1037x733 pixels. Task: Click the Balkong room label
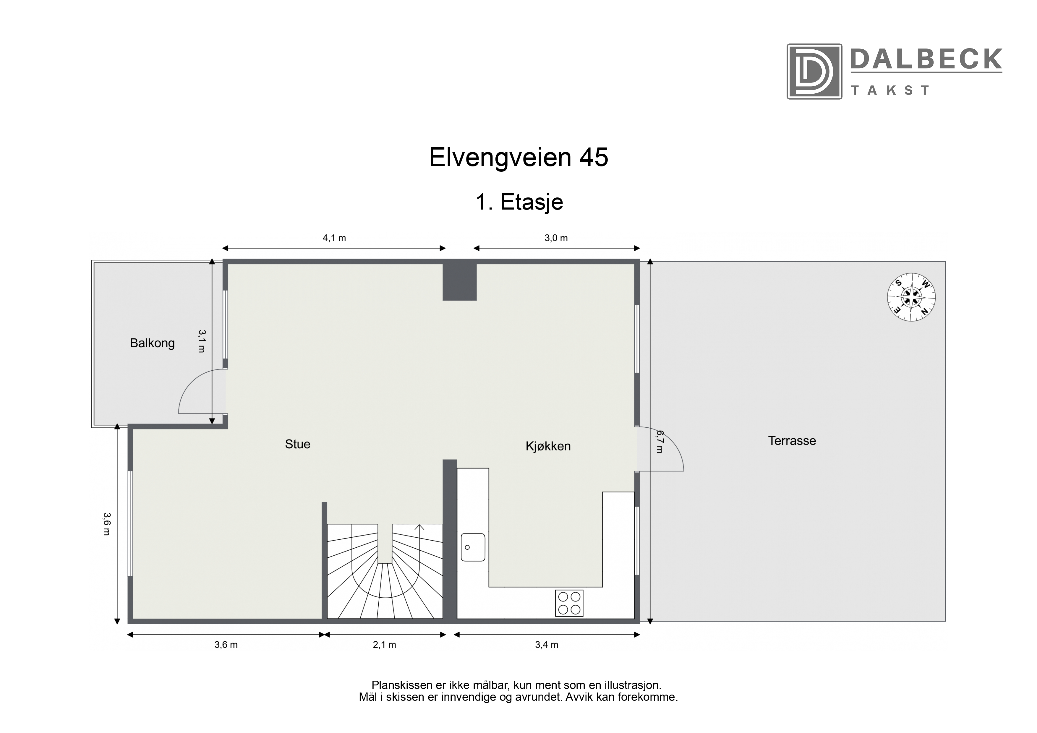152,343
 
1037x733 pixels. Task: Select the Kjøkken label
548,446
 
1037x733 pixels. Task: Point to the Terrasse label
792,441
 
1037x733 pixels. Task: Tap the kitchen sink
473,547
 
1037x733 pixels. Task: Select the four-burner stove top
569,603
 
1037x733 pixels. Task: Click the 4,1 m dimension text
334,238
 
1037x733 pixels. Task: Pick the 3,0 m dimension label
556,238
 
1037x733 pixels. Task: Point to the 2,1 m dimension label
384,645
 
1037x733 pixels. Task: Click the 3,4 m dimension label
547,645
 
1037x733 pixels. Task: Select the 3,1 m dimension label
202,341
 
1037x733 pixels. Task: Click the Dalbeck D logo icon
814,71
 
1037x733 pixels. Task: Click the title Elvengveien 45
518,157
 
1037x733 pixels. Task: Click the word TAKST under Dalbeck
890,90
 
